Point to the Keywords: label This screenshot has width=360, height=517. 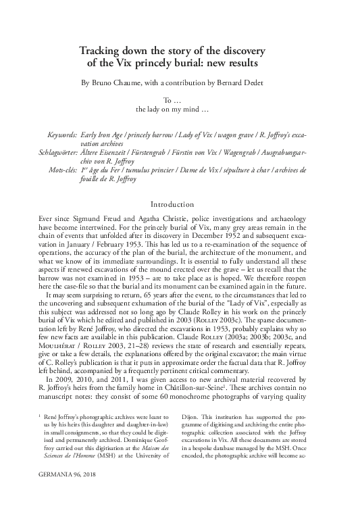coord(58,136)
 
